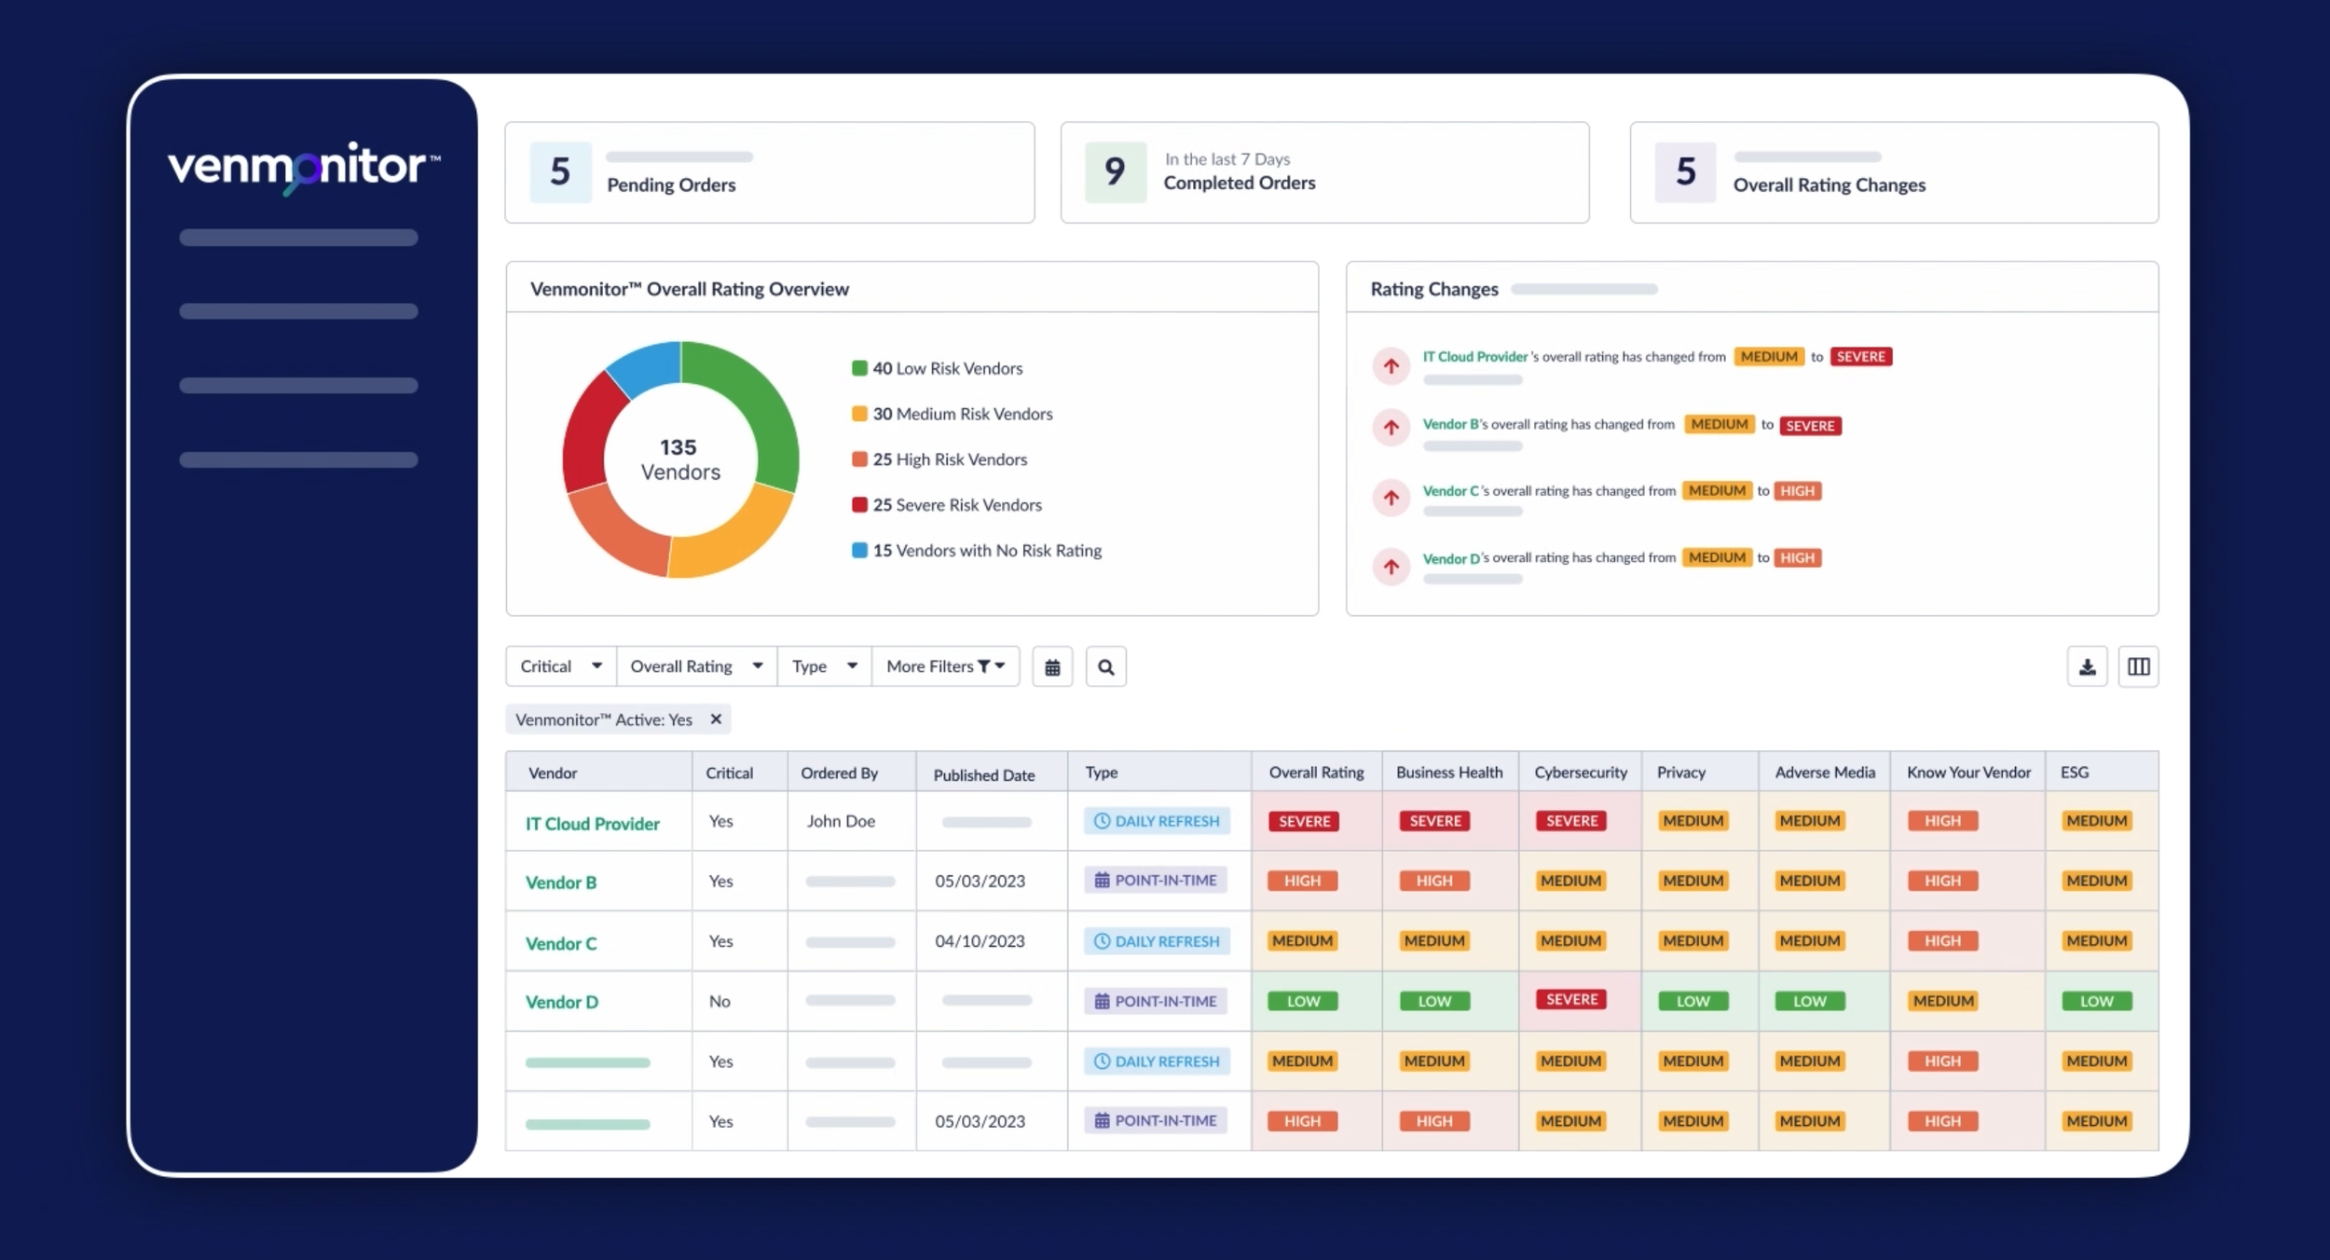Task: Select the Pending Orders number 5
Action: click(560, 172)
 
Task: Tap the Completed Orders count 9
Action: click(1115, 172)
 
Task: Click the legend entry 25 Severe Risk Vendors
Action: click(956, 505)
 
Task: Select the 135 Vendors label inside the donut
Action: click(679, 459)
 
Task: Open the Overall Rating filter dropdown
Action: click(696, 666)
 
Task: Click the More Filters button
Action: click(945, 666)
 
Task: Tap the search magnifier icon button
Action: click(1105, 667)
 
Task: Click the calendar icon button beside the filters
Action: click(1052, 667)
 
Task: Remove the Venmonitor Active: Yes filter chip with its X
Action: click(716, 719)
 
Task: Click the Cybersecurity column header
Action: click(1580, 773)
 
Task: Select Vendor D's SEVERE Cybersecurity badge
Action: click(1571, 1000)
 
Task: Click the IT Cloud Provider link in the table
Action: click(592, 824)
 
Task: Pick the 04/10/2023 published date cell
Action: click(980, 941)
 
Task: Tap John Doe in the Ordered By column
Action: click(841, 821)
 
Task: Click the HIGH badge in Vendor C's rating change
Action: click(1797, 491)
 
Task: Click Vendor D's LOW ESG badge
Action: click(2096, 1001)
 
